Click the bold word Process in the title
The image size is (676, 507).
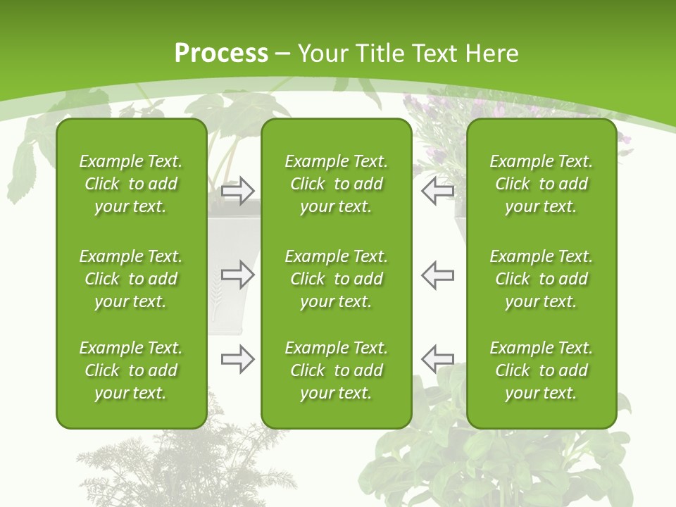click(221, 54)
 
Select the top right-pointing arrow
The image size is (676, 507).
click(237, 190)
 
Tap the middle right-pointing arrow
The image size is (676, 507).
click(237, 275)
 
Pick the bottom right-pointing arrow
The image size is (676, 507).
click(237, 359)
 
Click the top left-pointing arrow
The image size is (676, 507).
click(438, 190)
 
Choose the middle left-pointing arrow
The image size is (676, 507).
click(438, 275)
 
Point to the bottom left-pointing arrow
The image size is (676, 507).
click(438, 359)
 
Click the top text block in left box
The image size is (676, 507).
click(131, 184)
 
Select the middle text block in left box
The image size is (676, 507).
click(131, 279)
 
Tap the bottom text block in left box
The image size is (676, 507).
click(131, 370)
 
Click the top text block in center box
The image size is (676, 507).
click(336, 184)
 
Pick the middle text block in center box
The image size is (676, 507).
click(336, 279)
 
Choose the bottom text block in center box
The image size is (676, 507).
click(336, 370)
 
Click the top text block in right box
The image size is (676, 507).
click(541, 184)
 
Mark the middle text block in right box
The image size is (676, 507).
click(541, 279)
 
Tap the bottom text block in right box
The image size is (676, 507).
click(541, 370)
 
